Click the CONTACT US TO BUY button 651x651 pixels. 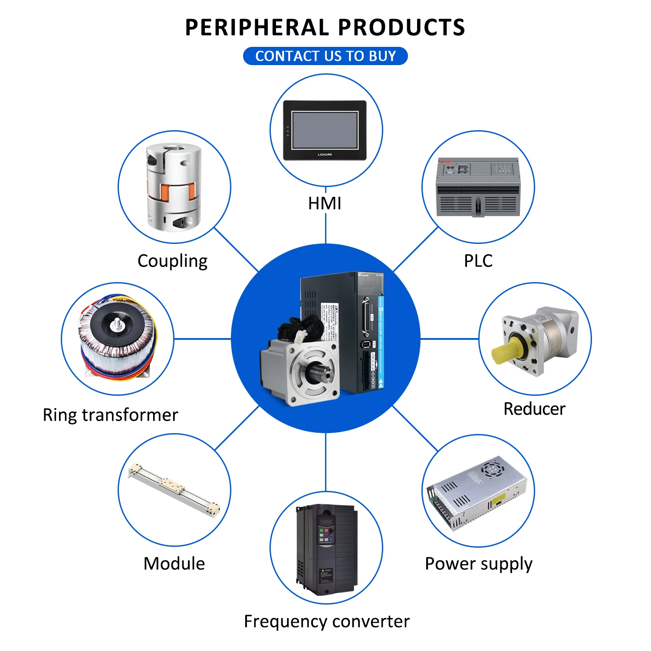click(325, 56)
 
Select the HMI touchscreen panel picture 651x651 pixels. click(325, 130)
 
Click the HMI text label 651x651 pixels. click(325, 203)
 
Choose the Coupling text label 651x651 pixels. click(172, 261)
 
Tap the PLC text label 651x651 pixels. click(478, 261)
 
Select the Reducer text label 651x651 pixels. click(534, 409)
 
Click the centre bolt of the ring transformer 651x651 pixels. click(116, 323)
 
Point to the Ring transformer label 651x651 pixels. click(110, 415)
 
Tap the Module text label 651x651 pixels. click(174, 564)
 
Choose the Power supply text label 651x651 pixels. click(478, 564)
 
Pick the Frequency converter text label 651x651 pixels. click(326, 621)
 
